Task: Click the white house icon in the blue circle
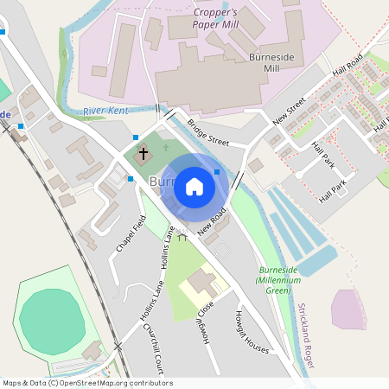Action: (x=194, y=187)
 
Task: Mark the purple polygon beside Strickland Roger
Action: (x=348, y=309)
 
